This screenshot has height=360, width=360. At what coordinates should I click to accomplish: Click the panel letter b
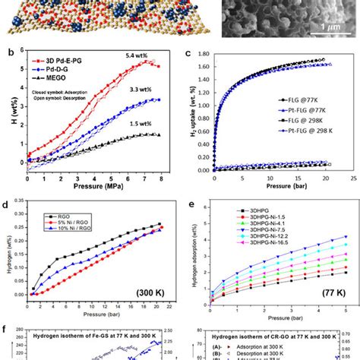[x=6, y=51]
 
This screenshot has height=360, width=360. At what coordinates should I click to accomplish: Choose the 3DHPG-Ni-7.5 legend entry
[x=252, y=225]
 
